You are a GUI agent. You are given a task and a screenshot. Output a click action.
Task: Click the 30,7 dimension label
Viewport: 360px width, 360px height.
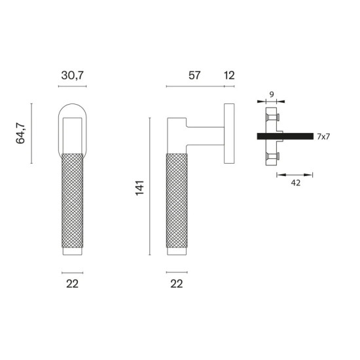point(72,75)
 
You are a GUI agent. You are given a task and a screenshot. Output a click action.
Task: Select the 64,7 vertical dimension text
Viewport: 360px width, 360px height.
point(20,133)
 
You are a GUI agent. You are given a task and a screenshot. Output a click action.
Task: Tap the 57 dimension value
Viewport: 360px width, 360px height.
point(194,75)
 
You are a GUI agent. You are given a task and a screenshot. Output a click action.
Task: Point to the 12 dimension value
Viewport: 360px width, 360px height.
point(229,75)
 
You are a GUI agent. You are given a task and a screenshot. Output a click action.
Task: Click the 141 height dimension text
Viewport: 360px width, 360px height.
point(139,188)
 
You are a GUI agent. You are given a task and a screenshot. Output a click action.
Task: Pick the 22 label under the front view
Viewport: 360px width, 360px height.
point(72,284)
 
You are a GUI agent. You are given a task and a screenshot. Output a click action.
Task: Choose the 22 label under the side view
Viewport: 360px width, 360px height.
point(177,284)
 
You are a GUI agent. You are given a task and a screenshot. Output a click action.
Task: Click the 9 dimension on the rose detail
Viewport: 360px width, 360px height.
point(272,94)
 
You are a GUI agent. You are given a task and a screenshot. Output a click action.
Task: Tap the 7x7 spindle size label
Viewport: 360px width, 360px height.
point(323,137)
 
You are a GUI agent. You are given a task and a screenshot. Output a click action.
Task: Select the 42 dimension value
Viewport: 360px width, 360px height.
point(295,183)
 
